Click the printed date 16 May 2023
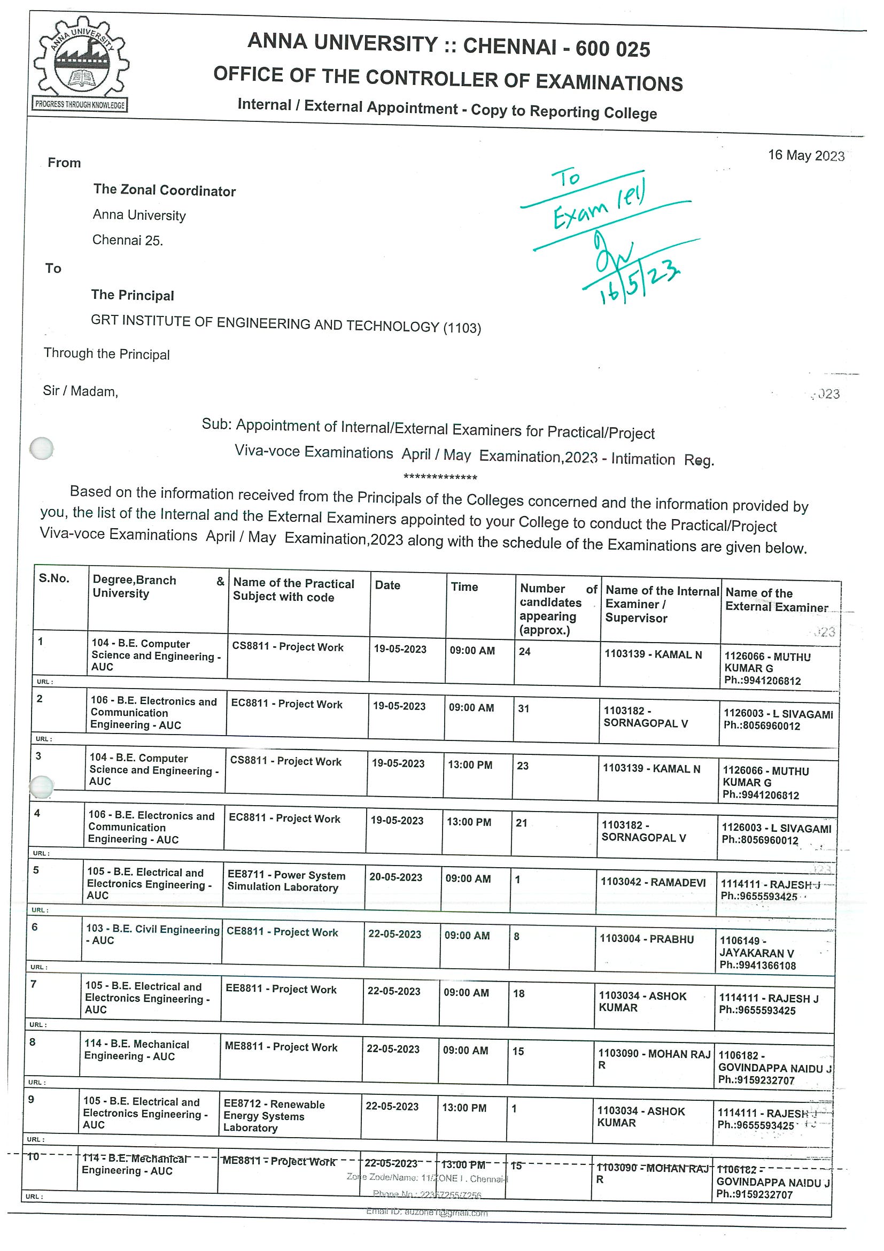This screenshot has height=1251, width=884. [x=805, y=155]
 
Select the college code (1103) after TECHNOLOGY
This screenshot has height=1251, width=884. [x=462, y=328]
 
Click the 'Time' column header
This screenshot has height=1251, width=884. [x=464, y=587]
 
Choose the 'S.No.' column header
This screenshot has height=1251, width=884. [x=54, y=578]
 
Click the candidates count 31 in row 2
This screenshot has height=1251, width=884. [x=523, y=708]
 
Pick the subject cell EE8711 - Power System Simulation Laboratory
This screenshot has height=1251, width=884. [x=286, y=881]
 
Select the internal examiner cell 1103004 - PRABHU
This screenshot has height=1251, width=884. [x=647, y=939]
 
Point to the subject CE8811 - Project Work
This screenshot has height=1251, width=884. [x=282, y=932]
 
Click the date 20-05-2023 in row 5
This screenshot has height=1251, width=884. [x=396, y=877]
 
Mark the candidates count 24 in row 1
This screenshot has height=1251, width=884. [x=524, y=651]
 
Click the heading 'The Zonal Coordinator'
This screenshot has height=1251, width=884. [x=164, y=190]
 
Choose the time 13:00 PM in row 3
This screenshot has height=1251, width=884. [x=469, y=765]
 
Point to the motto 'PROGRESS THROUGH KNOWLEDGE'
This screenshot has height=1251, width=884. [x=80, y=105]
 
